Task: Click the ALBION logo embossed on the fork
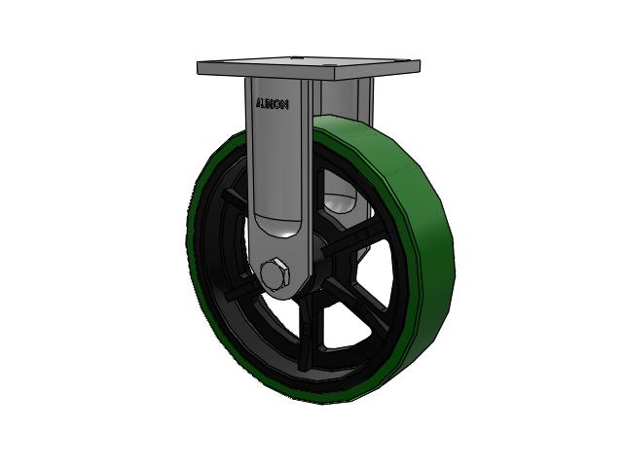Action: pyautogui.click(x=273, y=104)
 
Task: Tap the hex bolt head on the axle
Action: pyautogui.click(x=275, y=274)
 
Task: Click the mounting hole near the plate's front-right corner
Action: pyautogui.click(x=327, y=67)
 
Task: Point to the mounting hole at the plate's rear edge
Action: pyautogui.click(x=294, y=58)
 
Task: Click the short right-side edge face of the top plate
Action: pyautogui.click(x=378, y=69)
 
